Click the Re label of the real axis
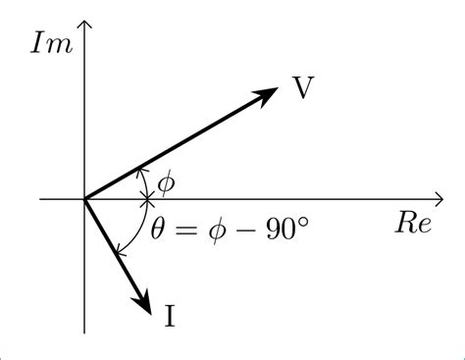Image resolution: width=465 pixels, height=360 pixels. [x=413, y=224]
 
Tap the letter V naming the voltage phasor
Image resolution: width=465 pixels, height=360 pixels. [x=304, y=87]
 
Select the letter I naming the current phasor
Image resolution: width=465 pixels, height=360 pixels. [x=171, y=315]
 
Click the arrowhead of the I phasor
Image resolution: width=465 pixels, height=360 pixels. [x=144, y=305]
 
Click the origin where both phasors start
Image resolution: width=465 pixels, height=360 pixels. [x=86, y=199]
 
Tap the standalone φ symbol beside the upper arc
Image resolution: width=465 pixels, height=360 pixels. [x=166, y=182]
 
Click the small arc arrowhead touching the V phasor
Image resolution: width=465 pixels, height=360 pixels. [x=140, y=171]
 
